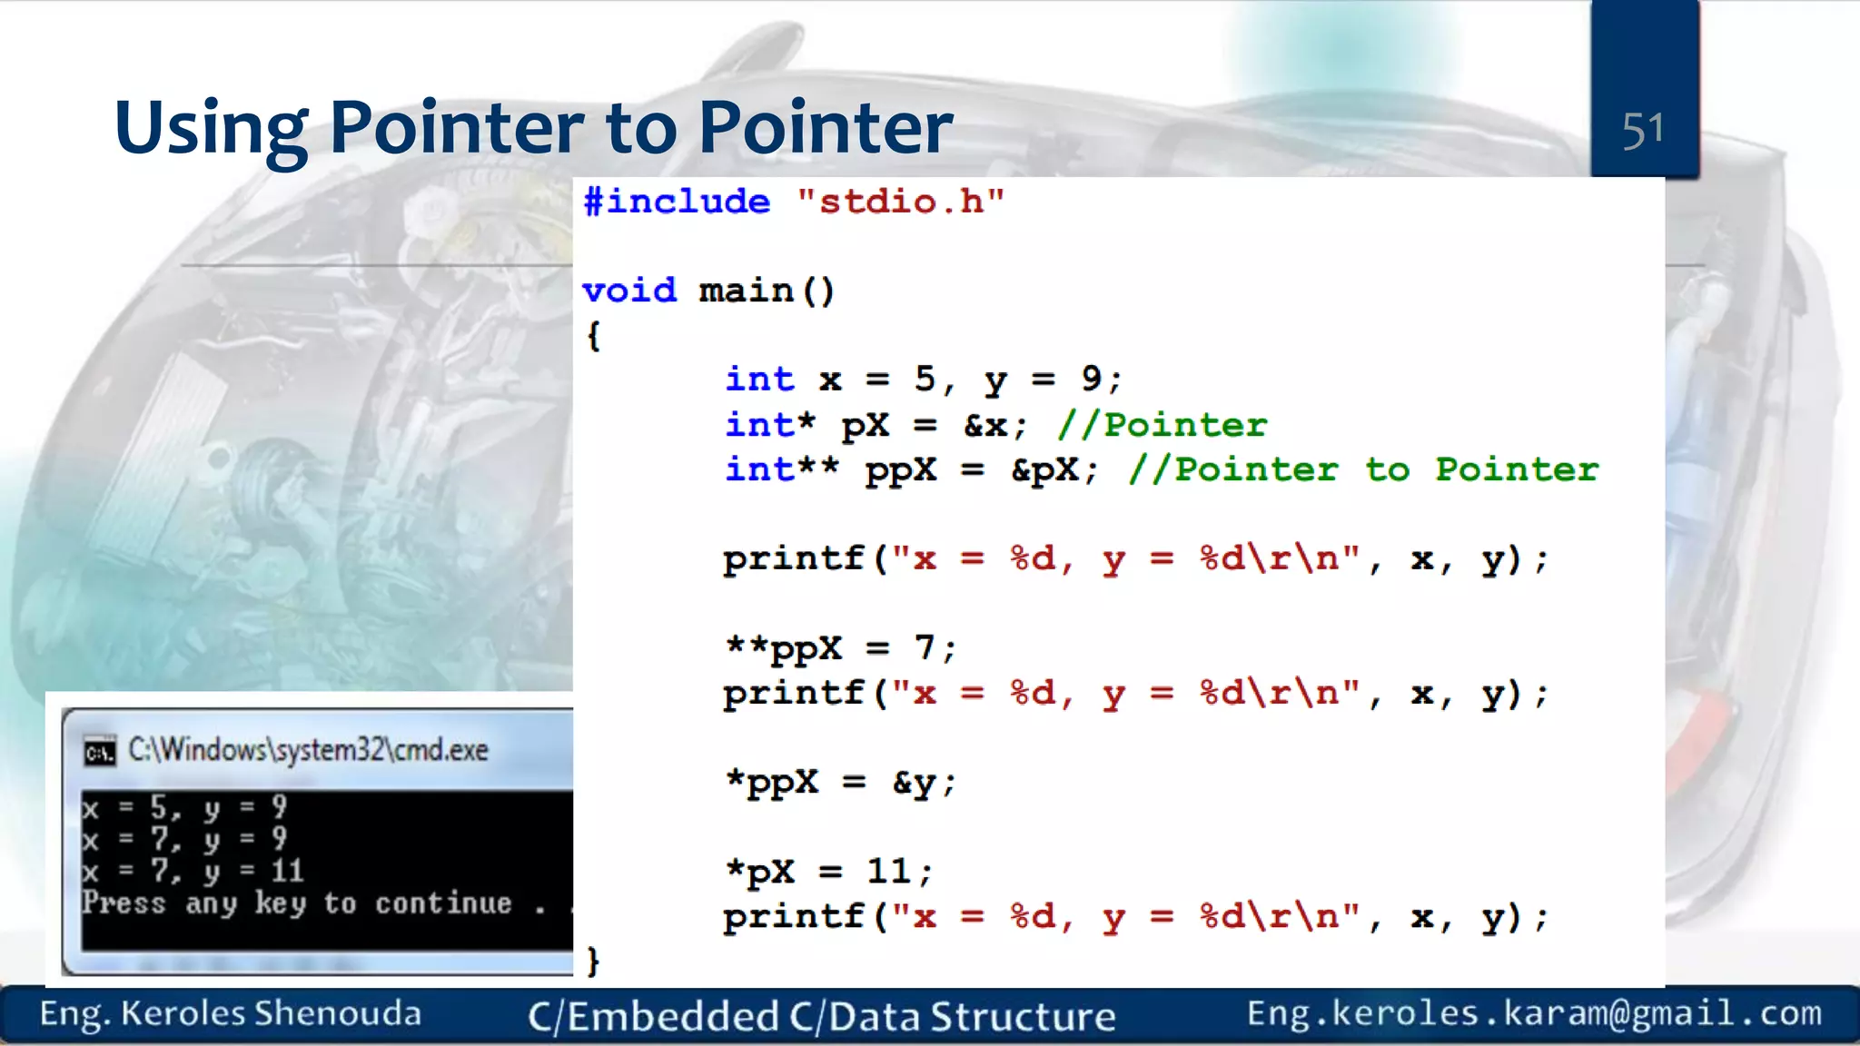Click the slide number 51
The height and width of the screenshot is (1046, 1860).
pyautogui.click(x=1643, y=131)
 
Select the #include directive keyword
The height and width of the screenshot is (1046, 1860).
pyautogui.click(x=677, y=202)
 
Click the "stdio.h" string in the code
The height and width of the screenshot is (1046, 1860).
pyautogui.click(x=900, y=202)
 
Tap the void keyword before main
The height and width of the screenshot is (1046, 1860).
pyautogui.click(x=629, y=291)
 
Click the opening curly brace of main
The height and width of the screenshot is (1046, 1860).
pyautogui.click(x=594, y=336)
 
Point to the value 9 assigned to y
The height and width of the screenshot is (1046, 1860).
pyautogui.click(x=1091, y=379)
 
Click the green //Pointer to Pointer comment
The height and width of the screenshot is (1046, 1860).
pyautogui.click(x=1362, y=469)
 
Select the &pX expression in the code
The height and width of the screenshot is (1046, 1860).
pyautogui.click(x=1045, y=470)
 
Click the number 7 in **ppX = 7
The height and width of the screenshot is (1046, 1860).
pyautogui.click(x=925, y=647)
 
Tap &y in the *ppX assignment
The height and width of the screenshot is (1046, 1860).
pyautogui.click(x=914, y=783)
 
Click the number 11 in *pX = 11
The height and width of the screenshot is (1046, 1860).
pyautogui.click(x=888, y=872)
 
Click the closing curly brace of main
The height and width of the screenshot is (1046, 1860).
pyautogui.click(x=594, y=961)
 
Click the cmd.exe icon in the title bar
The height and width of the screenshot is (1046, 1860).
pyautogui.click(x=100, y=752)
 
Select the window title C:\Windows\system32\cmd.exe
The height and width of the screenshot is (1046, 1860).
pyautogui.click(x=308, y=750)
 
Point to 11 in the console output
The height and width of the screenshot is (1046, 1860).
pyautogui.click(x=287, y=871)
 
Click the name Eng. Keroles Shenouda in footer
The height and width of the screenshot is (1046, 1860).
pyautogui.click(x=231, y=1014)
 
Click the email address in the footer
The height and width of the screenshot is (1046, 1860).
pyautogui.click(x=1534, y=1013)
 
